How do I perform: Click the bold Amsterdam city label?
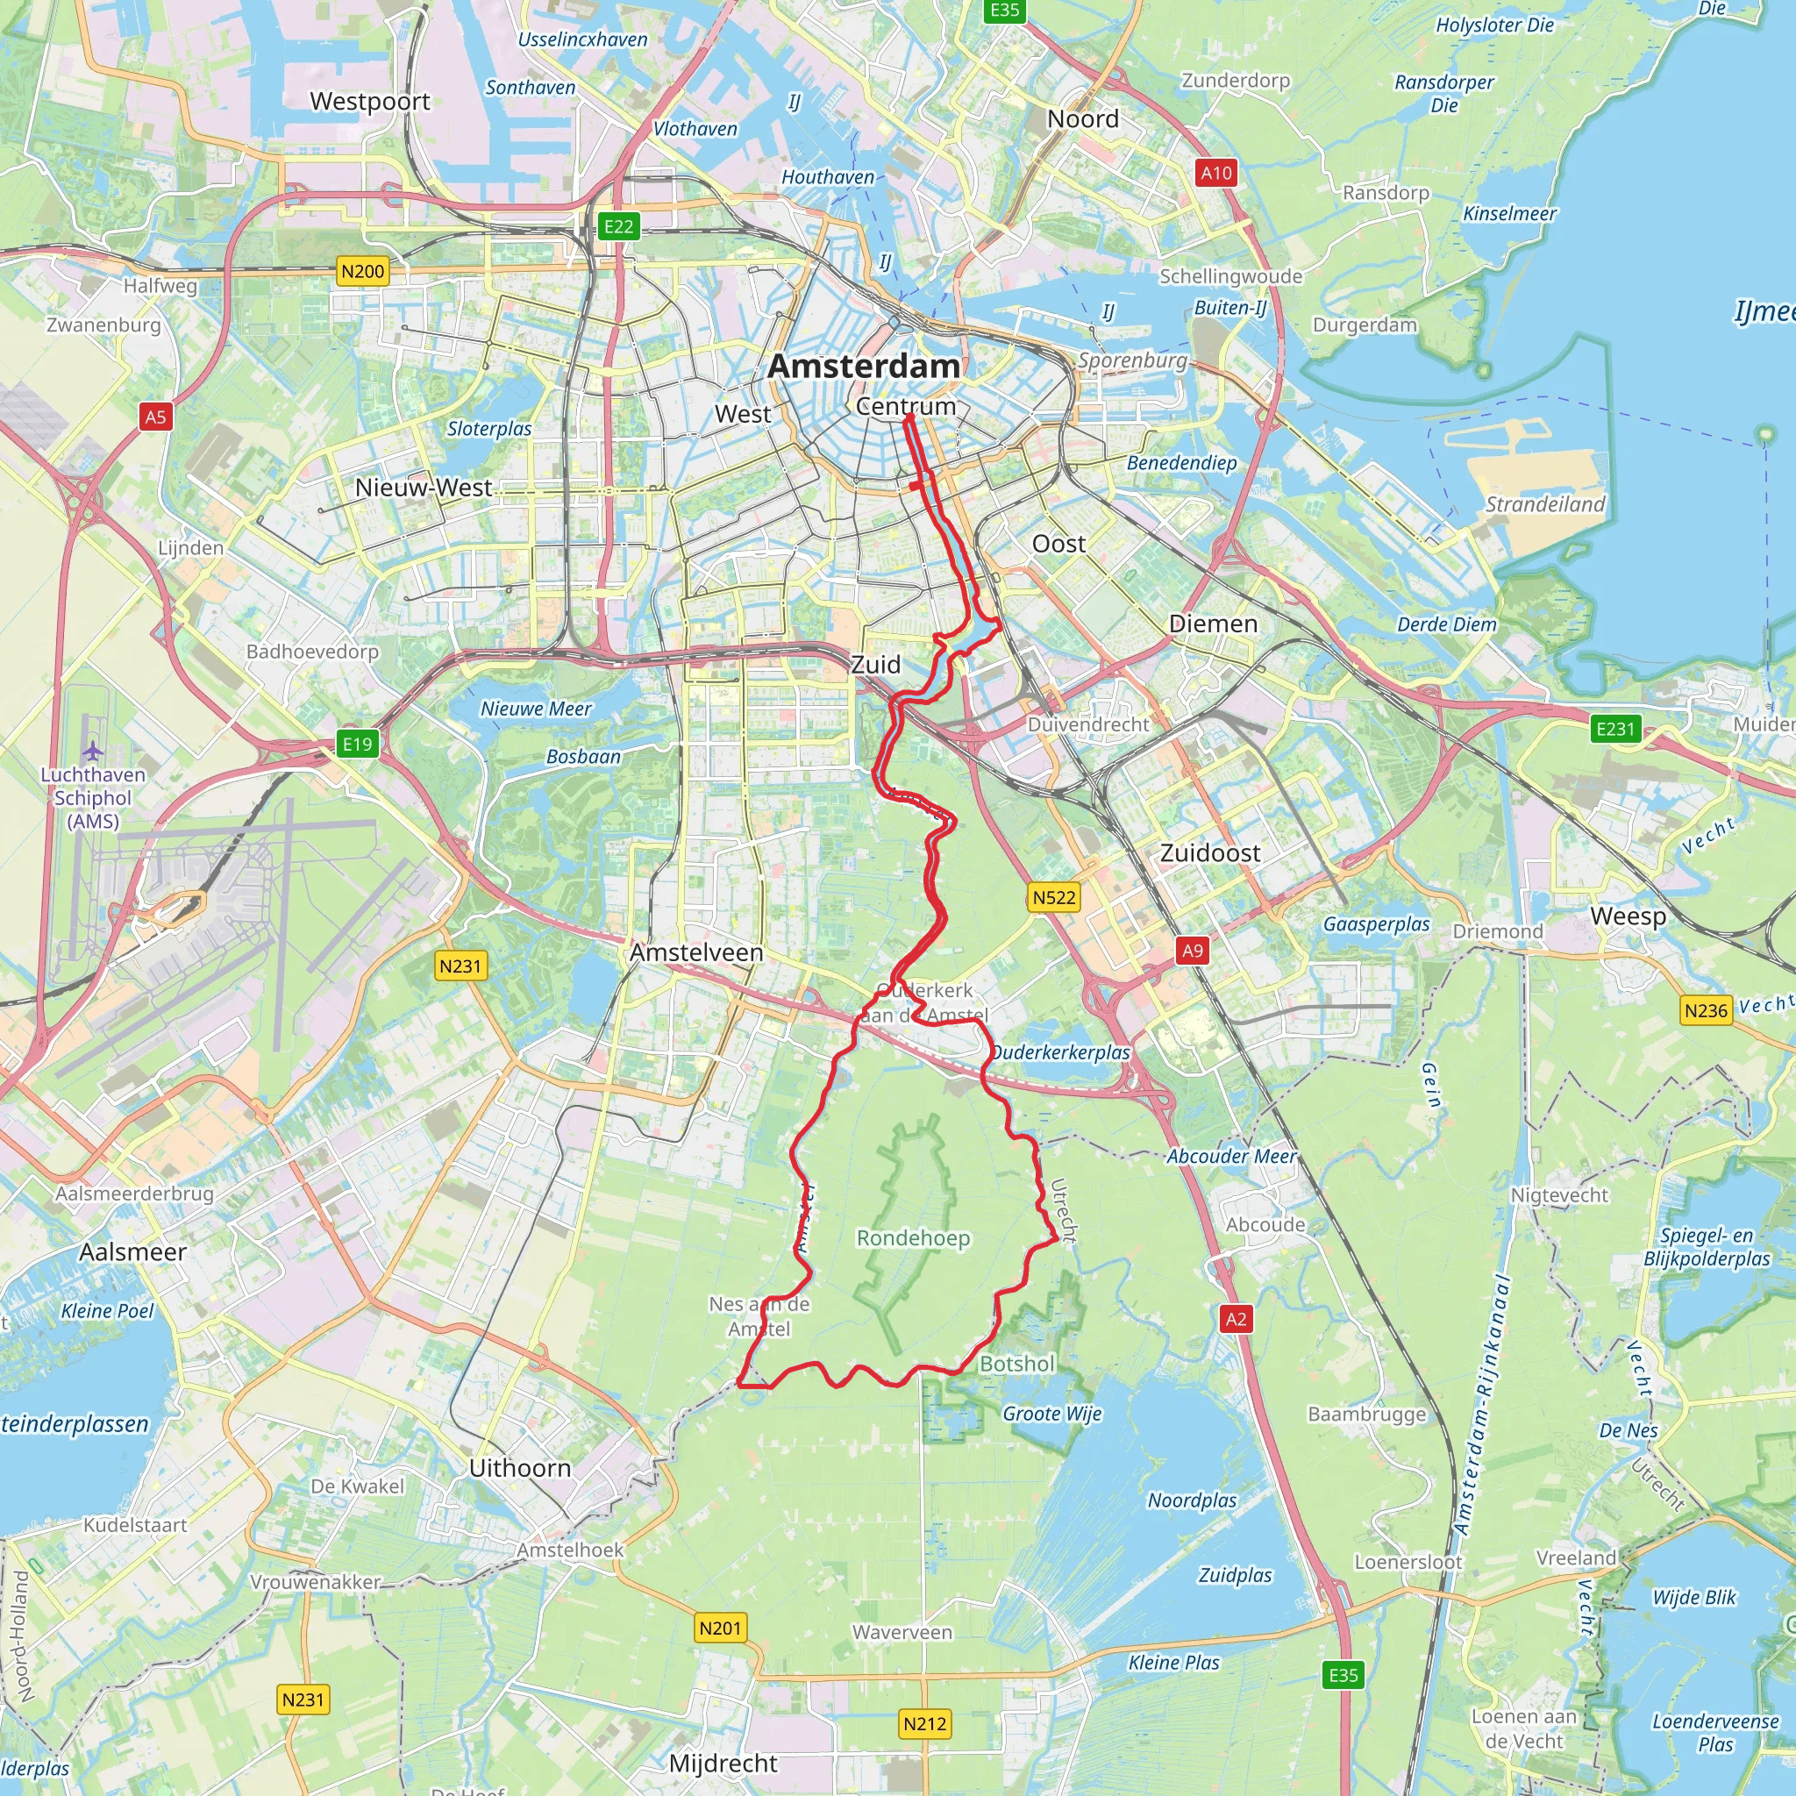point(864,367)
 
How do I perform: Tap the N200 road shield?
point(362,272)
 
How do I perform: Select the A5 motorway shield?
point(155,417)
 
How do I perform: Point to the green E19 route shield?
point(357,744)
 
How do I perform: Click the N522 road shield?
point(1054,897)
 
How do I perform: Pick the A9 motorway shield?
point(1192,950)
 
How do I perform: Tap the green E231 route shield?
point(1614,729)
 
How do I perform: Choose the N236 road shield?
point(1706,1010)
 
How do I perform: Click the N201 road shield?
point(721,1628)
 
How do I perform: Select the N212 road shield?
point(925,1723)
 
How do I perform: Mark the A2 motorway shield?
point(1236,1318)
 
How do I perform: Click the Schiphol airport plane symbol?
point(92,750)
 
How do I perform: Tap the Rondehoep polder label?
point(913,1238)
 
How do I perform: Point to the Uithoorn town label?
point(520,1468)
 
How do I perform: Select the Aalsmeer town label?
point(133,1252)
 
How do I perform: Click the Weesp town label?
point(1628,916)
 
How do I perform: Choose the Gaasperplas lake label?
point(1376,924)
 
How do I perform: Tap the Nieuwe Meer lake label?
point(536,709)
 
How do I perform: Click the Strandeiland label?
point(1545,504)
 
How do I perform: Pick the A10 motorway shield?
point(1216,173)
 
